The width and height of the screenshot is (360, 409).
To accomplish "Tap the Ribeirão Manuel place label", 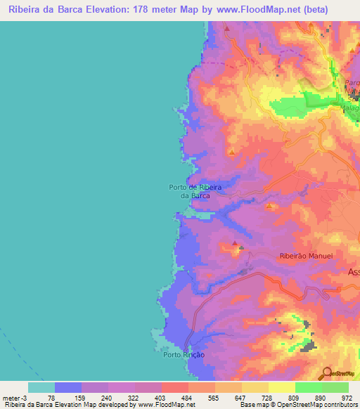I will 305,257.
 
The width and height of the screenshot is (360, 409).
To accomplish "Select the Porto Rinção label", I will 184,355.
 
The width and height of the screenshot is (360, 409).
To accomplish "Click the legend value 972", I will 347,397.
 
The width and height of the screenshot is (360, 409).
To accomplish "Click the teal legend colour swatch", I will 41,387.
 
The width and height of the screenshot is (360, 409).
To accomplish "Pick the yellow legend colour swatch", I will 282,387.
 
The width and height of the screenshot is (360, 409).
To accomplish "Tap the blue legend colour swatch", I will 68,387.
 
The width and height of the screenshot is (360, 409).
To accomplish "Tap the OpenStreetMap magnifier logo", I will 327,372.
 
